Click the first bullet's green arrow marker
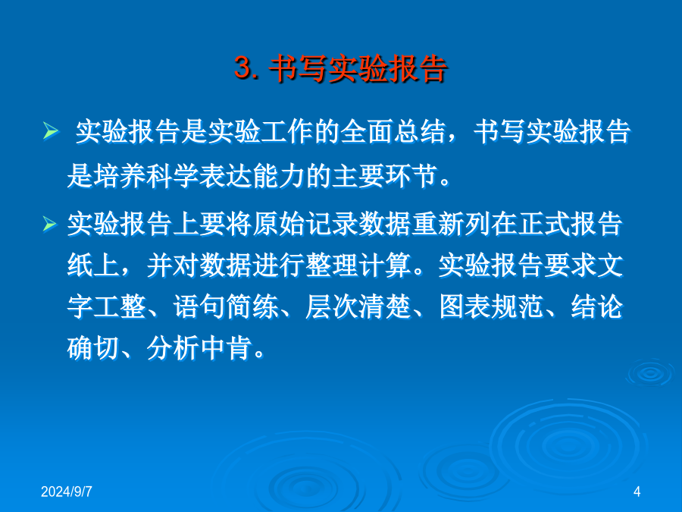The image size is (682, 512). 51,131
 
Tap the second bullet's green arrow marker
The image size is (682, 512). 49,224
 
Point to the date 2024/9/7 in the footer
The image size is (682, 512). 67,492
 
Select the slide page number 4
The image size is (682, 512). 637,492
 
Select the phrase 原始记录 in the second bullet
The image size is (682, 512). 305,225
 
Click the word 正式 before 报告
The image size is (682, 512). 544,225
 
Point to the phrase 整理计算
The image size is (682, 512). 358,265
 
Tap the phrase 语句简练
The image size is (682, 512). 226,306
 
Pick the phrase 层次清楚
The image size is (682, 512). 358,306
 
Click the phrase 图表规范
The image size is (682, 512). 492,306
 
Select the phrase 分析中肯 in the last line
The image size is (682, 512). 199,348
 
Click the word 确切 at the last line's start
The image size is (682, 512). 93,348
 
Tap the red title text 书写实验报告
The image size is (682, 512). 358,68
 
